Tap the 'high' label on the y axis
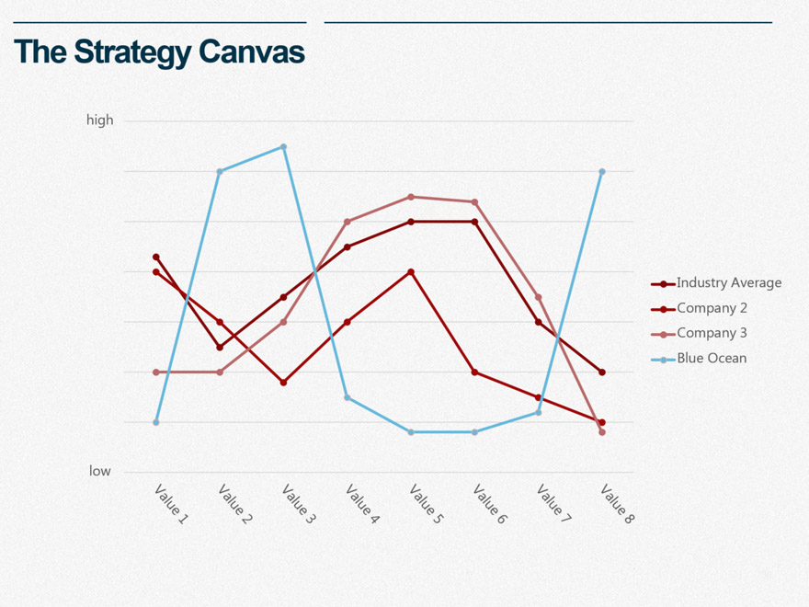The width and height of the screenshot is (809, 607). point(99,120)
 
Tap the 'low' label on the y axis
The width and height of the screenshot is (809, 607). point(99,471)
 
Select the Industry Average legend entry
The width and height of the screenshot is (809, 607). point(728,283)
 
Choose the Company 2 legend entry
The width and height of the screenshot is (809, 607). point(712,308)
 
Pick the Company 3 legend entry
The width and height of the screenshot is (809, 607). point(712,333)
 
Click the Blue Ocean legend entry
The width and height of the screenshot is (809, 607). point(712,358)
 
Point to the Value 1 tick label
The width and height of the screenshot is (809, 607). point(171,504)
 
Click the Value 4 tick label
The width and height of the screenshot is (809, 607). point(362,504)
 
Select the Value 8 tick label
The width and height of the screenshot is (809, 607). point(617,504)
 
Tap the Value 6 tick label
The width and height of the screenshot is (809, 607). point(490,504)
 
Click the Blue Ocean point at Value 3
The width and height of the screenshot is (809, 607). point(283,146)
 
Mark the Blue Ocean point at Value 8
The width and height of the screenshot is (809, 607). point(602,171)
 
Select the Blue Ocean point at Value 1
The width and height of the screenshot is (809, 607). point(156,422)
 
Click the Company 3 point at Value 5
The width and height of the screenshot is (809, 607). point(411,197)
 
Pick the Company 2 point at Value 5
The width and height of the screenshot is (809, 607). point(411,272)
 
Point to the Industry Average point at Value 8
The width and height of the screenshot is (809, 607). point(602,372)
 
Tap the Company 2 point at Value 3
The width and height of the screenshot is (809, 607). point(283,383)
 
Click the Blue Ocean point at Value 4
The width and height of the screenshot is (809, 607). point(348,397)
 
